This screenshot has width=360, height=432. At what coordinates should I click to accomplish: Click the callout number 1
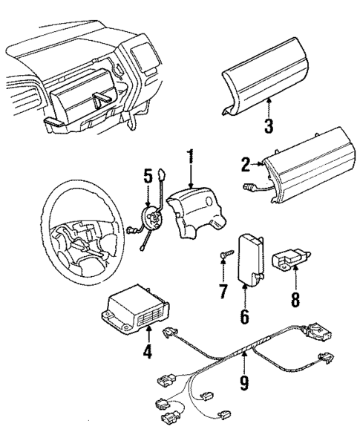point(191,157)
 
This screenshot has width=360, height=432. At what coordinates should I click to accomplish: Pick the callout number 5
point(148,177)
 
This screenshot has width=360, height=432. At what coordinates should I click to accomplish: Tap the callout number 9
point(244,384)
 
